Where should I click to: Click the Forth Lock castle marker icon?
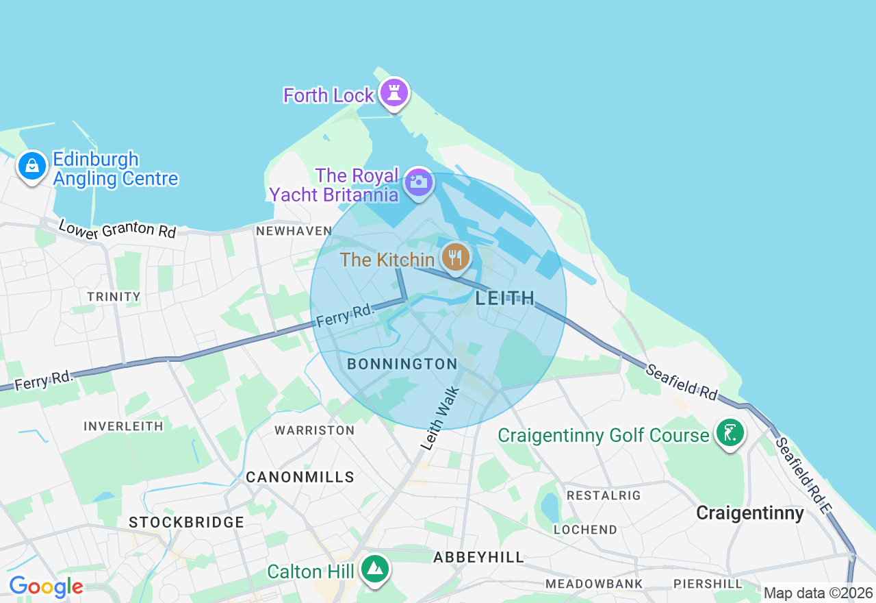[394, 92]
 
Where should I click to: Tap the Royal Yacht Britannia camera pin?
[418, 182]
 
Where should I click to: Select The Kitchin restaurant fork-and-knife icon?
[455, 258]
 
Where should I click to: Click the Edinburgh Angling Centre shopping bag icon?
[31, 165]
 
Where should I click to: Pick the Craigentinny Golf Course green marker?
[730, 433]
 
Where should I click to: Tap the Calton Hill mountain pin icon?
[374, 569]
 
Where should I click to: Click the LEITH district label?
[505, 298]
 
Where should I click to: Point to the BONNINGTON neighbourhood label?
[402, 364]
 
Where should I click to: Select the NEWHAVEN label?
[294, 231]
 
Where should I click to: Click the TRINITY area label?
[114, 297]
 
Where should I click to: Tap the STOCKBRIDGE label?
[186, 522]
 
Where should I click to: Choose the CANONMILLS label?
[300, 477]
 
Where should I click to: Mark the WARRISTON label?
[314, 430]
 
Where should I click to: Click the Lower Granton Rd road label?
[117, 228]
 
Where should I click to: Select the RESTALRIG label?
[604, 495]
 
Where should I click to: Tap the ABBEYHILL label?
[478, 557]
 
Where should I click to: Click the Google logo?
[45, 587]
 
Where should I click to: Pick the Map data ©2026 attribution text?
[818, 593]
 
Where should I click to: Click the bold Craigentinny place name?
[749, 513]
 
